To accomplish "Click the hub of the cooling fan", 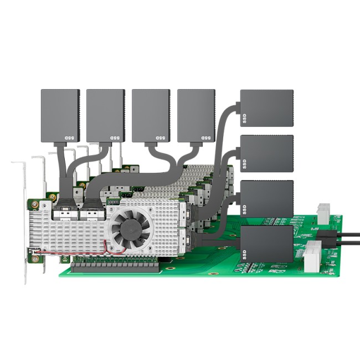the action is pos(131,230).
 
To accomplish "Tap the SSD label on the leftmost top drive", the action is pos(69,138).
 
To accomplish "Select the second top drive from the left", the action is pos(106,116).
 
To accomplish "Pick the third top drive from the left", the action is pos(151,116).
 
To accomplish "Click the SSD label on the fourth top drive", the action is pos(206,138).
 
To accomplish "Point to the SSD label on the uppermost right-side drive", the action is pos(244,119).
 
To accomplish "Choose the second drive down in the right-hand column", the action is pos(267,153).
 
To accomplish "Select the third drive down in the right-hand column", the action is pos(267,199).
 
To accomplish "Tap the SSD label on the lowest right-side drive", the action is pos(244,255).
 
